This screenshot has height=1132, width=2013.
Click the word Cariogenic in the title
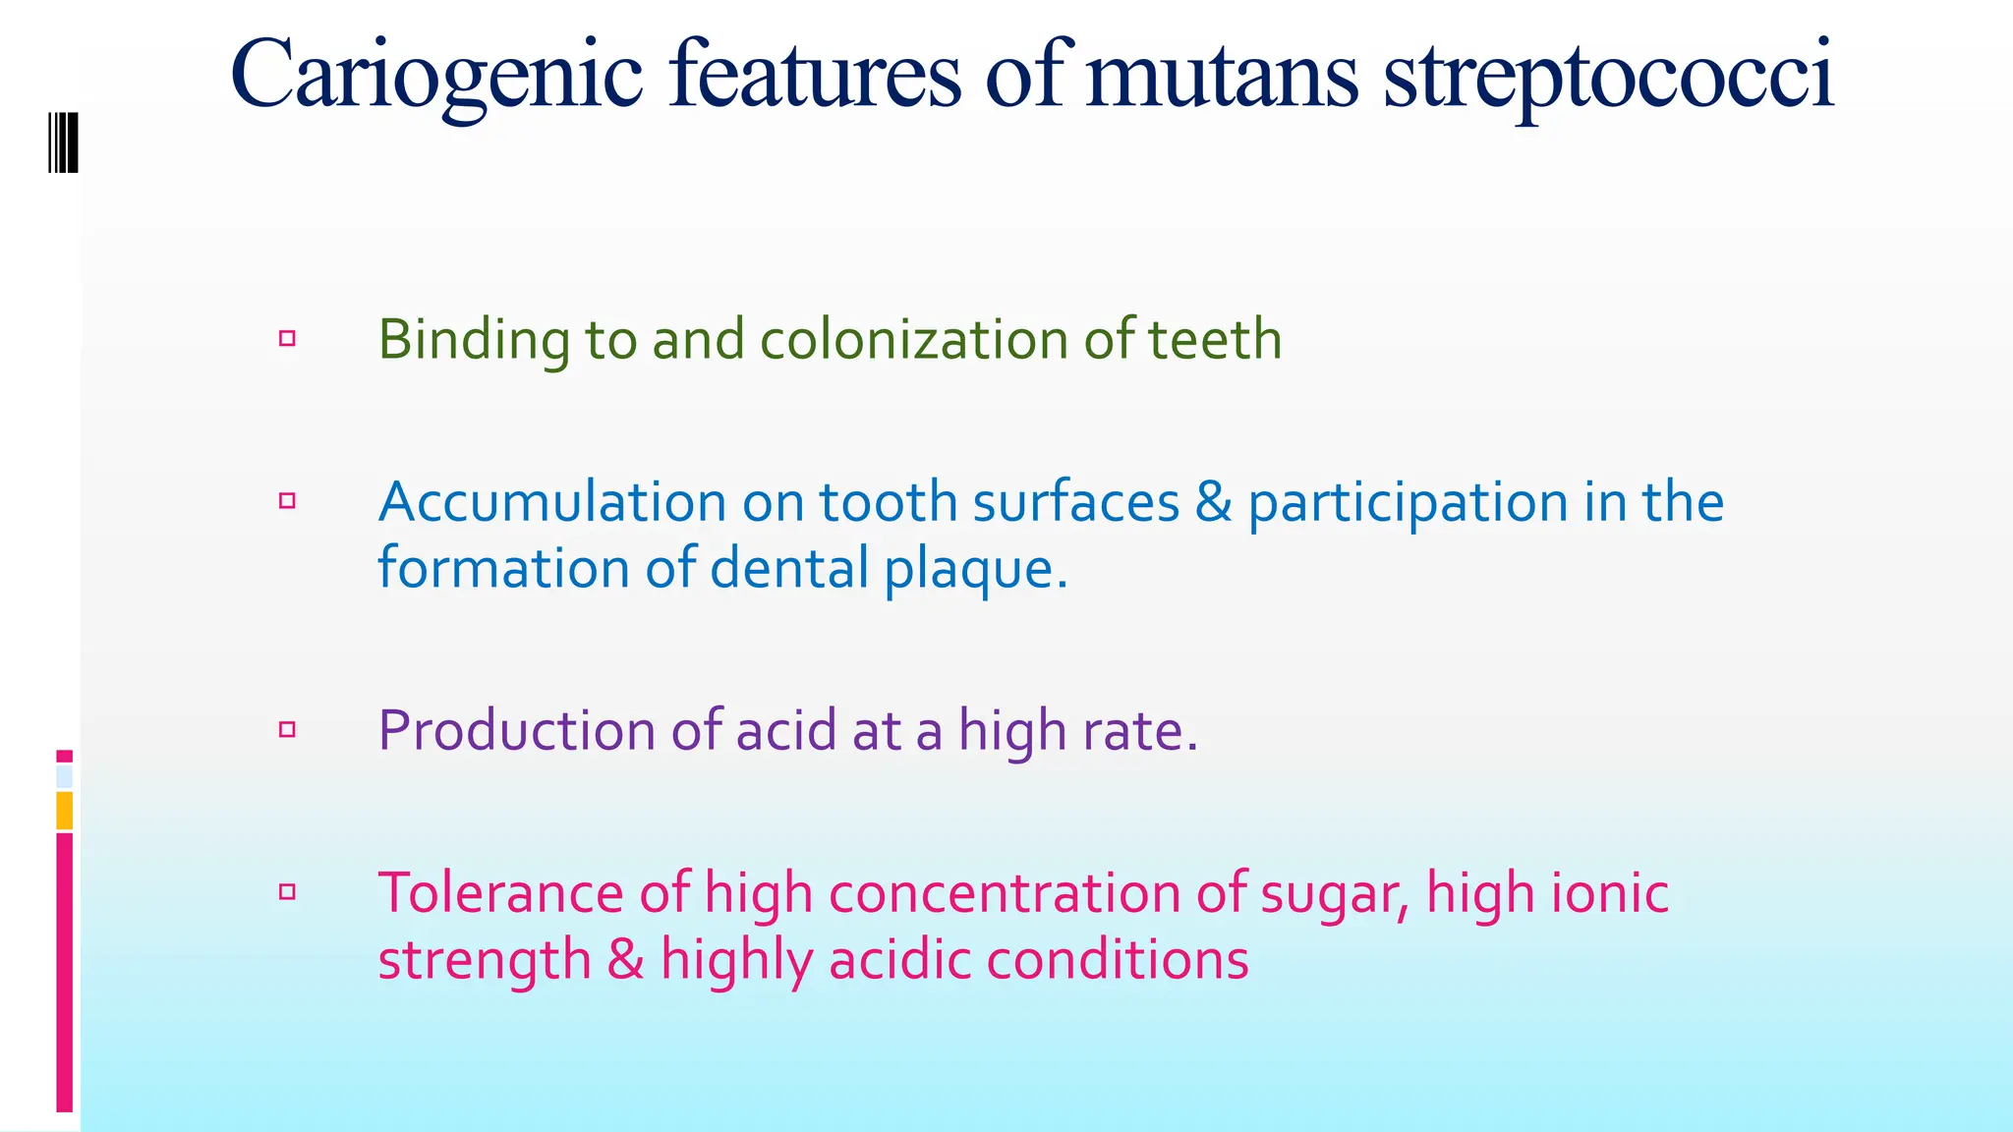point(436,77)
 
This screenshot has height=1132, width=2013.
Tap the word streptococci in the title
point(1608,77)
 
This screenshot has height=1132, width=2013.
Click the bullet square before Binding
point(287,339)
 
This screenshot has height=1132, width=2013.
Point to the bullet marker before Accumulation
point(287,501)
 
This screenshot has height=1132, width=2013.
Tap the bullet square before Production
point(287,729)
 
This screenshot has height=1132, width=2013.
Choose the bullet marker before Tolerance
point(287,892)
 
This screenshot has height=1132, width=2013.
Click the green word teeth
point(1215,340)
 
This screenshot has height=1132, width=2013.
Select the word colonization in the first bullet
point(914,340)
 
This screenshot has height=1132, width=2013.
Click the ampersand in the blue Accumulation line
point(1213,502)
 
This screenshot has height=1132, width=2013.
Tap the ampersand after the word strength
point(625,960)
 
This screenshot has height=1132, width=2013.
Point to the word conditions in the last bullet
point(1117,960)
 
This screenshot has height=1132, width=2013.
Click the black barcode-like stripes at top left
point(64,142)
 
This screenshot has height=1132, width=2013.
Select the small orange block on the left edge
point(64,811)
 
